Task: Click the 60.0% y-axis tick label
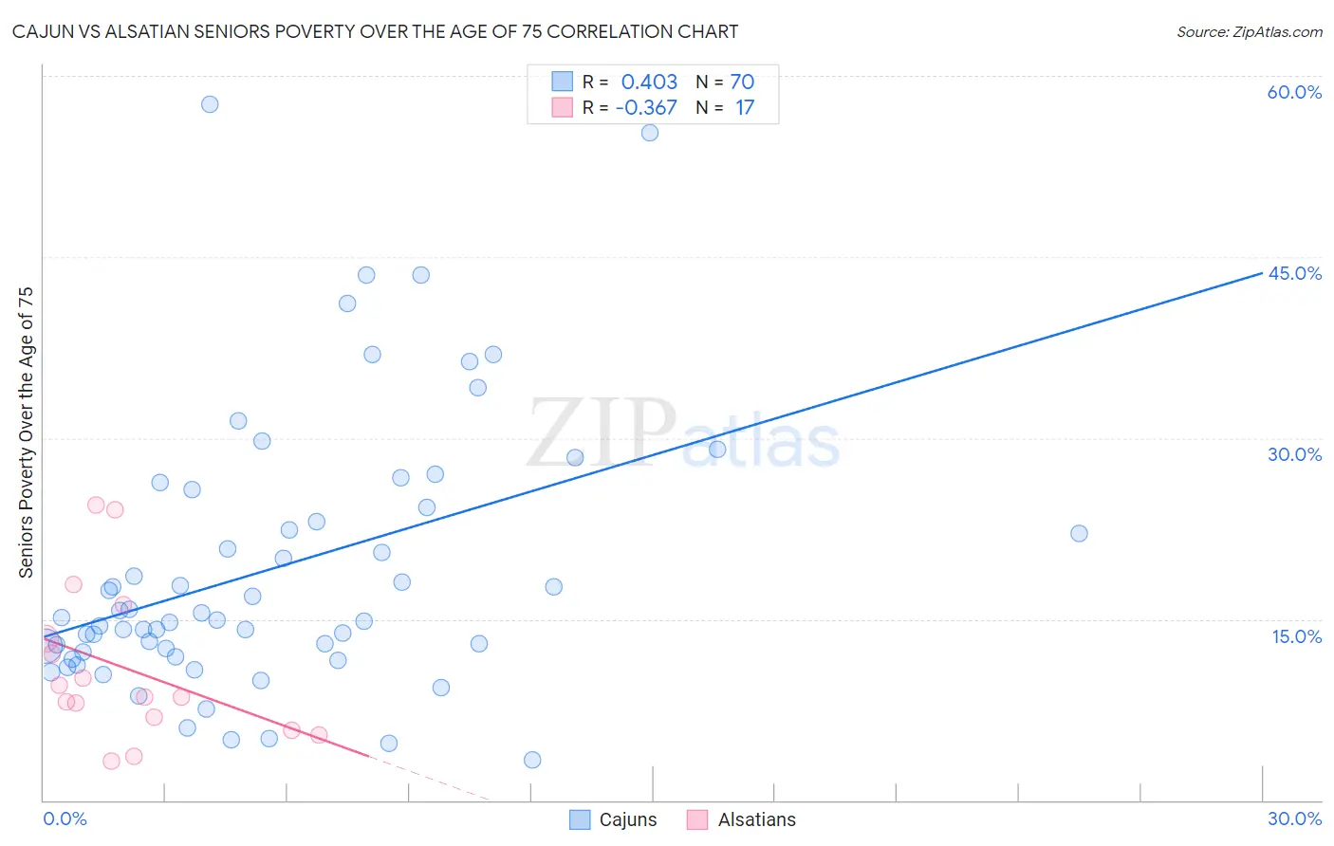(1294, 92)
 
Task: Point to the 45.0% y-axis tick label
(1294, 273)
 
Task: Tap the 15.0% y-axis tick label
(1296, 635)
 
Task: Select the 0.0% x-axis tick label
(65, 818)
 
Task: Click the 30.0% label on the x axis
(1294, 818)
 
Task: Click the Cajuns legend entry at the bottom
(613, 819)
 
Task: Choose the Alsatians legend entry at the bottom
(741, 819)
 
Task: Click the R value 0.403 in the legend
(649, 82)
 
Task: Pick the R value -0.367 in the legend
(646, 107)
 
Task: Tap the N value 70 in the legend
(742, 82)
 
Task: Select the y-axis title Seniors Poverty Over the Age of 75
(27, 432)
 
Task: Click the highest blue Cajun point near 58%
(210, 104)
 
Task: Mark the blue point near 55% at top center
(650, 133)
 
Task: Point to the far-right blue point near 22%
(1079, 533)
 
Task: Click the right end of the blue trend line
(1262, 272)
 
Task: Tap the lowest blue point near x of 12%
(532, 760)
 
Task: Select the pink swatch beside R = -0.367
(563, 107)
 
